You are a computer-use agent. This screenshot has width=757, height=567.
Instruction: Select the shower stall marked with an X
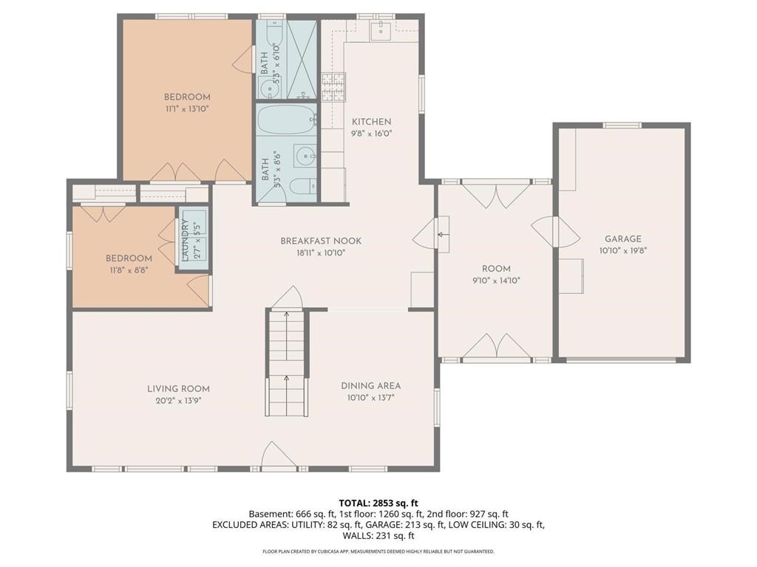tap(302, 59)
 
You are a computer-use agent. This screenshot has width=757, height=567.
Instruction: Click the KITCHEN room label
tap(371, 122)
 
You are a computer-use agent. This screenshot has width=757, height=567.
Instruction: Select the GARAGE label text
tap(622, 238)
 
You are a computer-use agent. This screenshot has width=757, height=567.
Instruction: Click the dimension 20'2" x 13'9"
tap(178, 400)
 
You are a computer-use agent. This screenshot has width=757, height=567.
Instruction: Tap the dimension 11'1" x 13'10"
tap(187, 109)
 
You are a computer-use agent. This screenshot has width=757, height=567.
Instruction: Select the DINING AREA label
tap(370, 385)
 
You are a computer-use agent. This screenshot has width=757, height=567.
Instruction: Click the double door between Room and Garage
tap(554, 233)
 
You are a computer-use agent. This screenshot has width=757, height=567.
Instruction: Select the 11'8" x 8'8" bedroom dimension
tap(129, 270)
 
